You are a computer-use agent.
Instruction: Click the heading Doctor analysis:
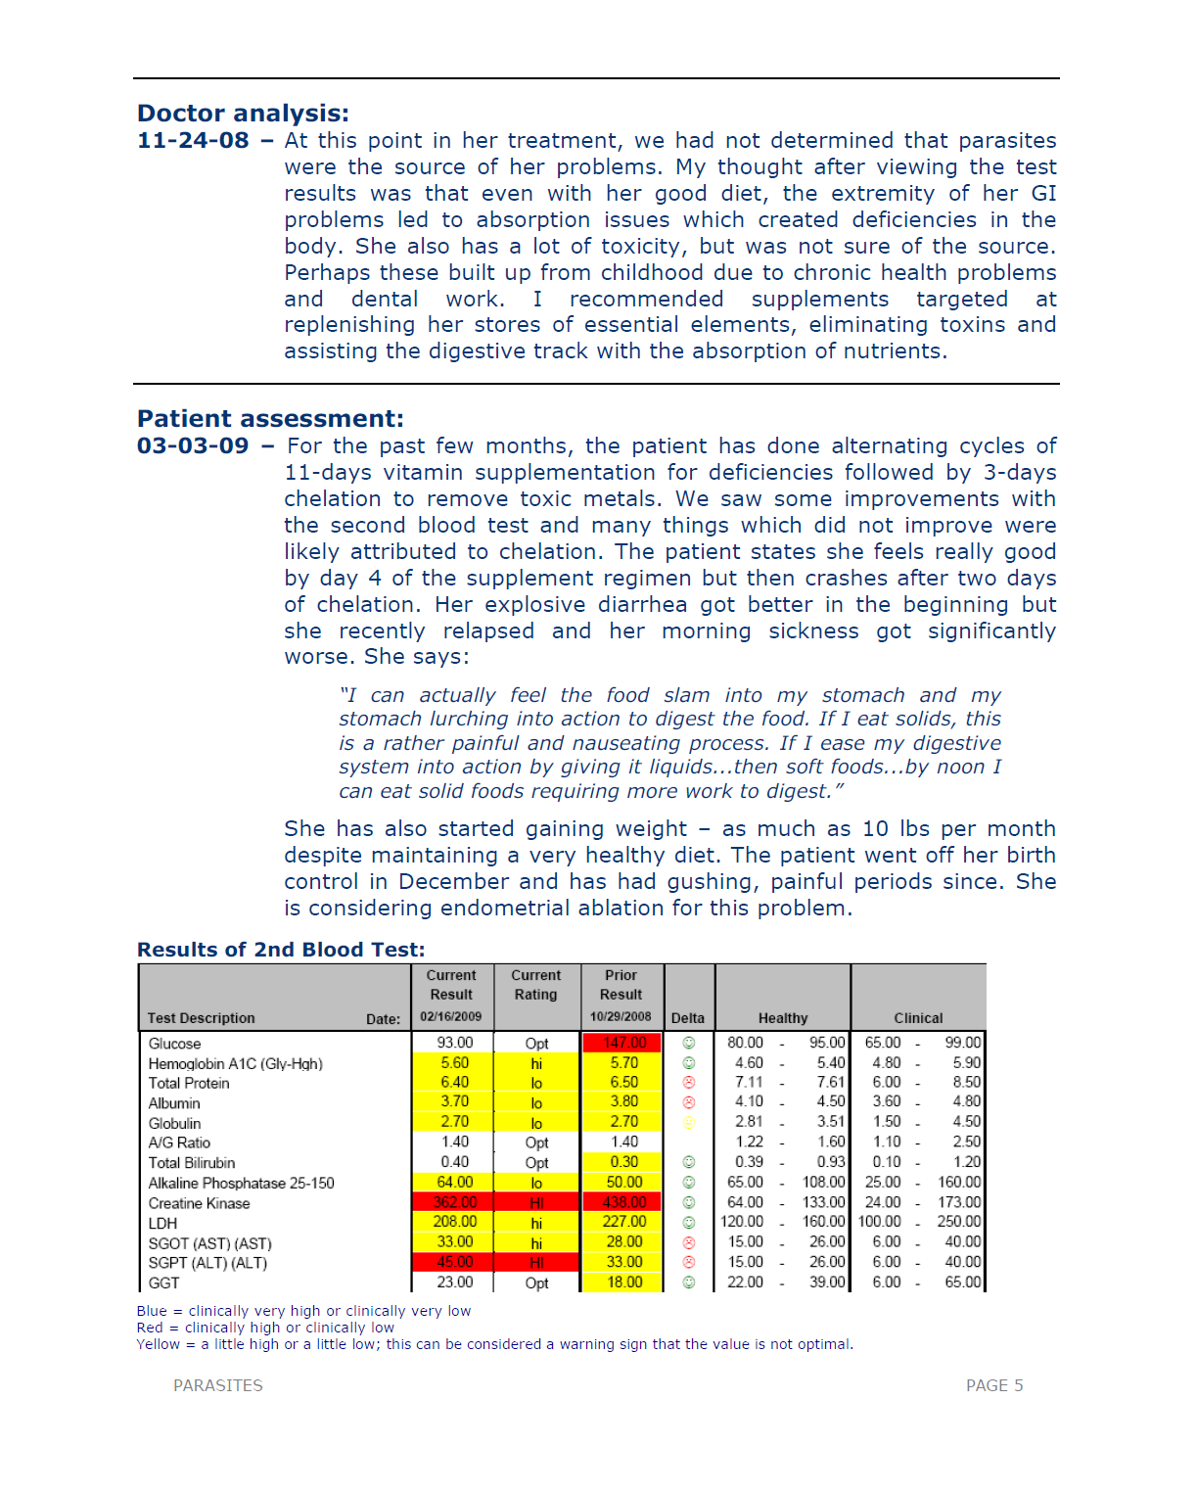(x=243, y=114)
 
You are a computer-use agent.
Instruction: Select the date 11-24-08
(x=193, y=141)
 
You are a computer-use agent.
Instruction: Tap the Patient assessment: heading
(x=270, y=419)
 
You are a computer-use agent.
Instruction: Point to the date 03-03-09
(x=193, y=446)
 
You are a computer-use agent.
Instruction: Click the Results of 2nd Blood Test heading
(x=281, y=950)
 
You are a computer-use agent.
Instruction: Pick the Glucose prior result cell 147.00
(x=624, y=1043)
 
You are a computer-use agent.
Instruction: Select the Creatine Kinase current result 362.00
(x=454, y=1202)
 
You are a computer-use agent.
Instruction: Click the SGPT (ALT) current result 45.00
(x=454, y=1262)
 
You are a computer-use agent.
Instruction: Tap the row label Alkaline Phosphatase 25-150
(x=241, y=1183)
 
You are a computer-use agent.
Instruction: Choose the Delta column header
(x=688, y=1018)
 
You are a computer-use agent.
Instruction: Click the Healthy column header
(x=783, y=1018)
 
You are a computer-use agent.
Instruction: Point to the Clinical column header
(x=918, y=1018)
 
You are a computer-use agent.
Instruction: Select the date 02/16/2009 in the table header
(x=451, y=1017)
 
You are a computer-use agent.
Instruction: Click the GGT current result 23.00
(x=454, y=1283)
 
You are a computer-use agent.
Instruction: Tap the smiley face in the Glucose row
(x=689, y=1044)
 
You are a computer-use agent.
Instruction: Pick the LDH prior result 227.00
(x=624, y=1222)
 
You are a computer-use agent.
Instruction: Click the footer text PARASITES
(x=217, y=1385)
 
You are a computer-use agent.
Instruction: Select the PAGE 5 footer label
(x=993, y=1385)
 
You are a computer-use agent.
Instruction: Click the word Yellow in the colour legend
(x=158, y=1344)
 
